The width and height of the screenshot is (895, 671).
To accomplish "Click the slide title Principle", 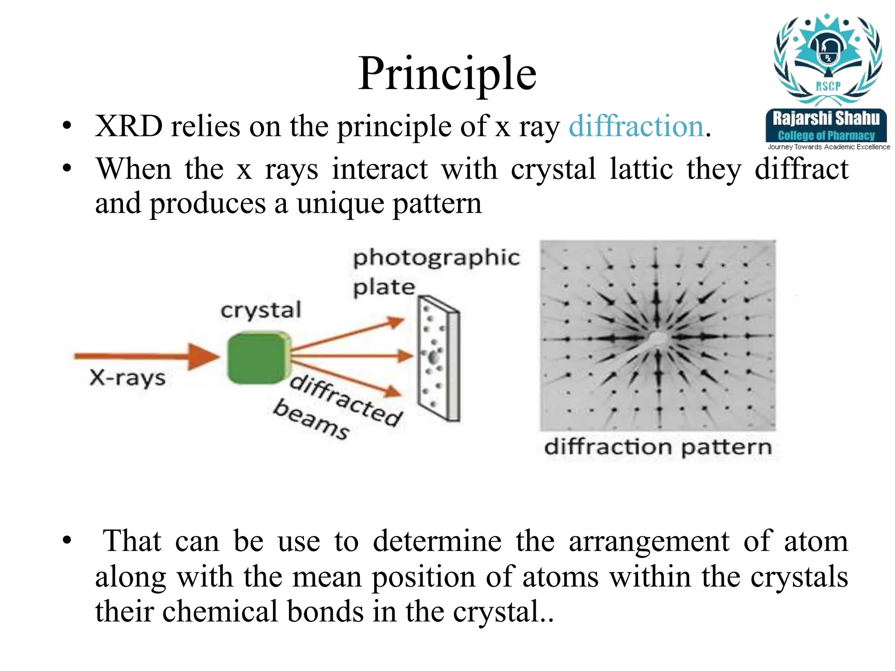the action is (x=447, y=74).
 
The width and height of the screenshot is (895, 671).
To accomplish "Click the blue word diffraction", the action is (x=636, y=127).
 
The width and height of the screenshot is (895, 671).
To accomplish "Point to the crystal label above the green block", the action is (x=261, y=311).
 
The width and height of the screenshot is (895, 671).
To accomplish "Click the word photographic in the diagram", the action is (x=436, y=258).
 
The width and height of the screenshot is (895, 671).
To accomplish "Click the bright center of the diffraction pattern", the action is (x=657, y=338).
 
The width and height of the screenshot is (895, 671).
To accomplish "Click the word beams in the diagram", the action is (x=311, y=419).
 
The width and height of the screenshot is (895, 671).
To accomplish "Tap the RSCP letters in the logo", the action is (x=828, y=86).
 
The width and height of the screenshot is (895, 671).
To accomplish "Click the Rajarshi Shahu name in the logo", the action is (x=826, y=118).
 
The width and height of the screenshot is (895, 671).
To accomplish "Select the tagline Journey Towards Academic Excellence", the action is (x=829, y=147).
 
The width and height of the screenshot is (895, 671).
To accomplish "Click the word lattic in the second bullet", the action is (x=641, y=169).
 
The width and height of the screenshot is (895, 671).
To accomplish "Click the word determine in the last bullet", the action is (x=437, y=541).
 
